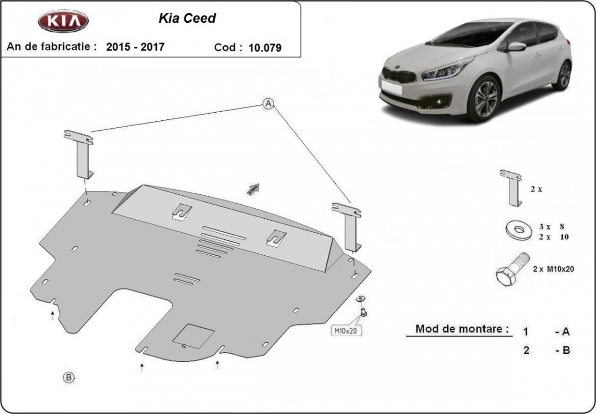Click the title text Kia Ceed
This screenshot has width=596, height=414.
186,19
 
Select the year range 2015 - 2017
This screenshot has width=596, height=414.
136,47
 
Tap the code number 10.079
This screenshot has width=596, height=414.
265,48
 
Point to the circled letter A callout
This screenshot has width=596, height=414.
268,103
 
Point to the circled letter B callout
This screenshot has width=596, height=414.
69,377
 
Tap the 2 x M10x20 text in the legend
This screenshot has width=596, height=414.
554,269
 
